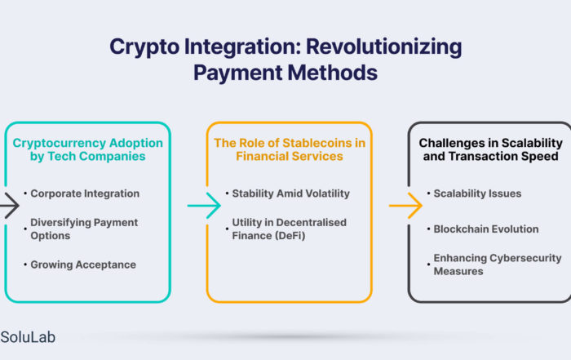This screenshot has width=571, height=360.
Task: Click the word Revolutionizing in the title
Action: click(383, 47)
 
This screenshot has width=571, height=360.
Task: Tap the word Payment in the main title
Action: click(238, 73)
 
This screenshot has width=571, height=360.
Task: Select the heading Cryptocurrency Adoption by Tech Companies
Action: click(88, 149)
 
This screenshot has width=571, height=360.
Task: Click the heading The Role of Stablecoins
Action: click(290, 149)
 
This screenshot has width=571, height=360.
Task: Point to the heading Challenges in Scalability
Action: click(490, 149)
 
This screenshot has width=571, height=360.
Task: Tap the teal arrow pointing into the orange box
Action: click(204, 206)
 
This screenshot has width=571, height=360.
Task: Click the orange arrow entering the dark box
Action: click(405, 206)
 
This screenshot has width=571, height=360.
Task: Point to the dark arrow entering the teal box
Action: click(9, 206)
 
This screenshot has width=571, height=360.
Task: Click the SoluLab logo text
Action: click(28, 337)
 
